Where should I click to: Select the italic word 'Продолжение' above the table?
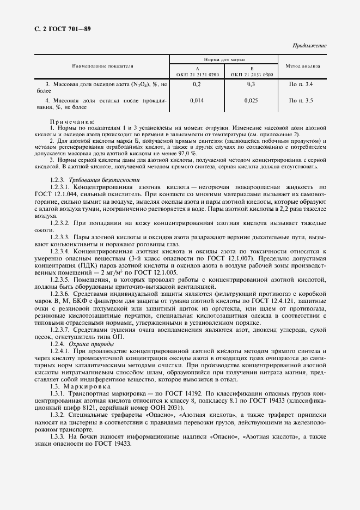[309, 46]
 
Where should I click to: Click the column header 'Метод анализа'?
[303, 66]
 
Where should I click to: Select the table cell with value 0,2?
[197, 84]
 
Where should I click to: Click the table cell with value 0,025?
[252, 101]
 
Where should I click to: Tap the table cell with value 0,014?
[197, 101]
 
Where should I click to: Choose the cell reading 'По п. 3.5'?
[302, 101]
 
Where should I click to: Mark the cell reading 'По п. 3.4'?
[302, 84]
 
